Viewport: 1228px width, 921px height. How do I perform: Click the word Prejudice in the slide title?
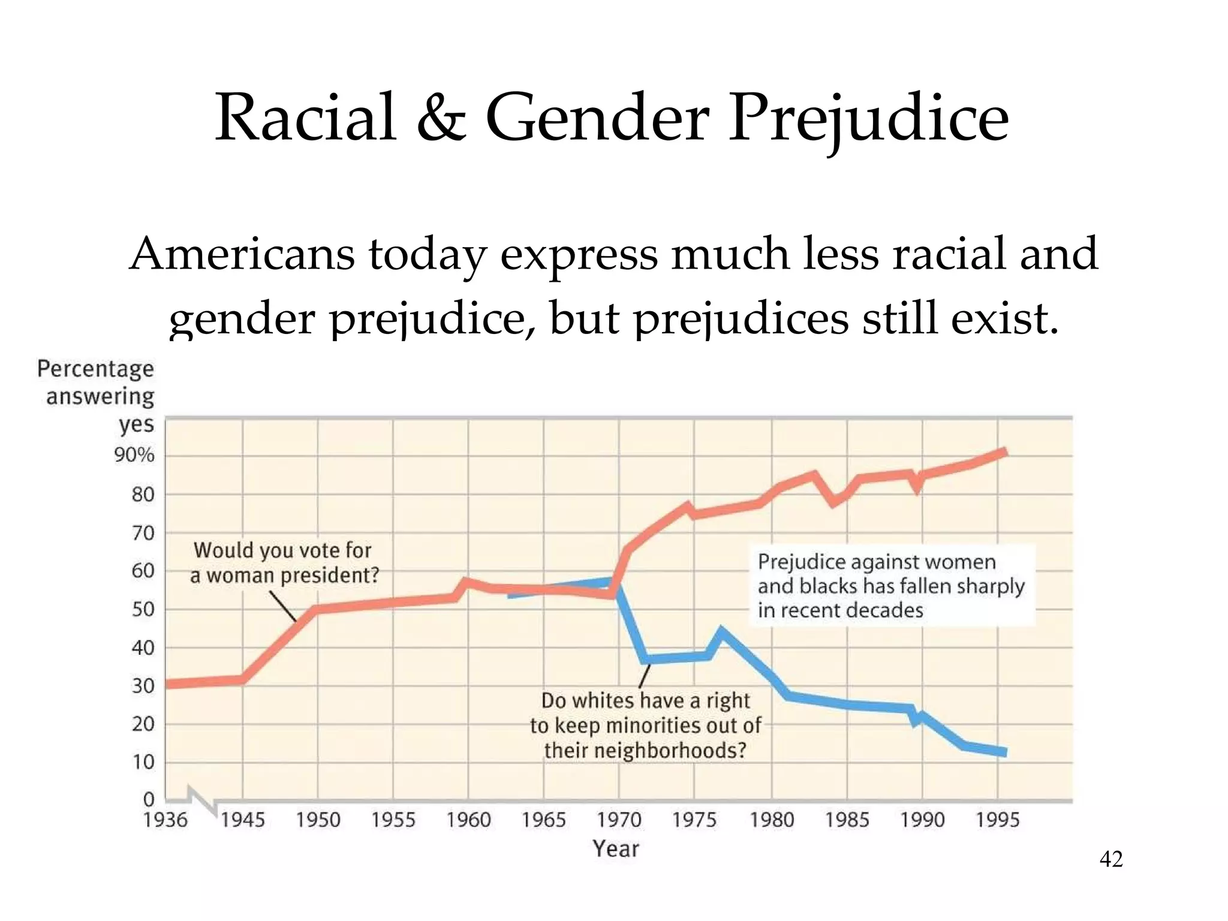(x=868, y=119)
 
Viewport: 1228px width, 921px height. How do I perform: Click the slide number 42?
(x=1110, y=859)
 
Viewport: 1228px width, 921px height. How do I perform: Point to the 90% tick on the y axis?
(x=134, y=456)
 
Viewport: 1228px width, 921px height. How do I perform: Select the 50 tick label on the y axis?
(x=143, y=609)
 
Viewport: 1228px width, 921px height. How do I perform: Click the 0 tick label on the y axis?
(x=149, y=799)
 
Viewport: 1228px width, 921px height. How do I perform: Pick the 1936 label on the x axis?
(x=165, y=820)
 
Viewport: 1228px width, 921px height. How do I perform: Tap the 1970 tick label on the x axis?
(x=619, y=820)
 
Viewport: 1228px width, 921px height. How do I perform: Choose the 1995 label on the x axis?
(x=997, y=820)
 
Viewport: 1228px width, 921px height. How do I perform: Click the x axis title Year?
(x=616, y=848)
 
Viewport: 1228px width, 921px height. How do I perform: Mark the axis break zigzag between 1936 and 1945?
(x=202, y=800)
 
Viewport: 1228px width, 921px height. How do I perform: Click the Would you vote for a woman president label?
(x=284, y=562)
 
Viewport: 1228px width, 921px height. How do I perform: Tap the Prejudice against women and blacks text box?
(x=891, y=586)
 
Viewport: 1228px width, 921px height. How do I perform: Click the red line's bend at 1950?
(x=316, y=609)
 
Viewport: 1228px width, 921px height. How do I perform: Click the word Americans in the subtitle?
(x=242, y=254)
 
